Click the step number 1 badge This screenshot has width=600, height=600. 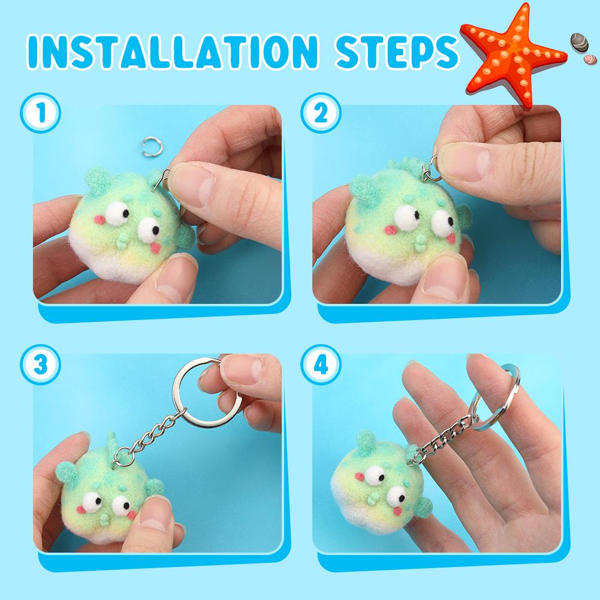coord(41,113)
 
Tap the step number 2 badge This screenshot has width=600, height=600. coord(321,113)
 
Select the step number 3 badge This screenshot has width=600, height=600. coord(41,364)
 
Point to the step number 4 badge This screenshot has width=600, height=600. coord(321,364)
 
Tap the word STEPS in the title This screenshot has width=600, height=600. coord(397,52)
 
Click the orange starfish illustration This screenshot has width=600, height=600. coord(512,56)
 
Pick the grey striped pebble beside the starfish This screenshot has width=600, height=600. coord(579,43)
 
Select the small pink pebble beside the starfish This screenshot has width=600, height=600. coord(590,59)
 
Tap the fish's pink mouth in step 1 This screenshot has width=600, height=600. coord(155,248)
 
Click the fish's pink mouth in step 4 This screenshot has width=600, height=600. coord(397,511)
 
